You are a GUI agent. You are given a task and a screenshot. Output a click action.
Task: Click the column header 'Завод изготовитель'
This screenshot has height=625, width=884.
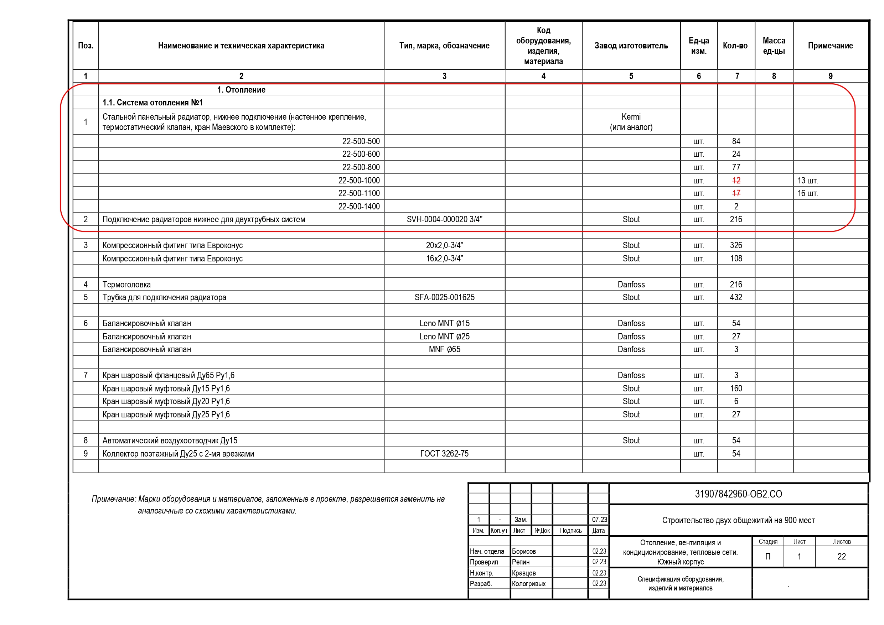(x=631, y=46)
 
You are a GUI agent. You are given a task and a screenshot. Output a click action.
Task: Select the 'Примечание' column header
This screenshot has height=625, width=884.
(x=830, y=46)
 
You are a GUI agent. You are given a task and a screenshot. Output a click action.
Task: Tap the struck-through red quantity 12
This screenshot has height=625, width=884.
(x=736, y=181)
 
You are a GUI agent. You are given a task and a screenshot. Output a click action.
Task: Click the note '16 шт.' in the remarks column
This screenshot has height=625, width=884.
(x=807, y=194)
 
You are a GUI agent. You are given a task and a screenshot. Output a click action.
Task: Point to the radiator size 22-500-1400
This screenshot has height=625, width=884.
(x=359, y=207)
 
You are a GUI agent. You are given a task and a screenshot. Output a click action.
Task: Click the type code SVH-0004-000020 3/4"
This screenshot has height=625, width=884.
(x=444, y=219)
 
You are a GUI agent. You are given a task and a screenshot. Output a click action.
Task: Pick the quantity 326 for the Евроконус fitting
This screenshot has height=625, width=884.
(x=736, y=245)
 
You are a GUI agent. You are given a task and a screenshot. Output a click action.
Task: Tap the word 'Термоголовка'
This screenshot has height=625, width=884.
(x=126, y=285)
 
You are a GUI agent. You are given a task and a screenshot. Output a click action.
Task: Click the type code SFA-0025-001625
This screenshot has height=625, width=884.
(x=444, y=297)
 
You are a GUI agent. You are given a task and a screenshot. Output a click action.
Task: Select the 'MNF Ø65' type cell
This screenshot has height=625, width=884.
(x=444, y=349)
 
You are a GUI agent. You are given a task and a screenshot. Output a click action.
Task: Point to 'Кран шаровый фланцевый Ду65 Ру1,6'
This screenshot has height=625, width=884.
(x=168, y=376)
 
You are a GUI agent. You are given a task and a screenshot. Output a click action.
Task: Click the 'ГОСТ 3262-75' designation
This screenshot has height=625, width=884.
(x=444, y=454)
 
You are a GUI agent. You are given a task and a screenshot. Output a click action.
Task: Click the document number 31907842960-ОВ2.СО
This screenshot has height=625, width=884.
(x=738, y=494)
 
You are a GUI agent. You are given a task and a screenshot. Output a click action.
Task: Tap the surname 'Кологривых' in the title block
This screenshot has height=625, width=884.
(x=529, y=584)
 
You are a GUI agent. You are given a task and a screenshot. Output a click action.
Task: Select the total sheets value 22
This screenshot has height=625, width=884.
(x=841, y=557)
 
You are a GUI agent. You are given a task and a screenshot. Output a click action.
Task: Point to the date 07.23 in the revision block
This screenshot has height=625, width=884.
(x=599, y=520)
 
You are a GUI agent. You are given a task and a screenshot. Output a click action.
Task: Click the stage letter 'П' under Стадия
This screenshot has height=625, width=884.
(x=768, y=557)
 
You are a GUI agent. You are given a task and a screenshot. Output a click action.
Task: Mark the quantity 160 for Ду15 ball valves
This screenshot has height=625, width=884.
(x=736, y=389)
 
